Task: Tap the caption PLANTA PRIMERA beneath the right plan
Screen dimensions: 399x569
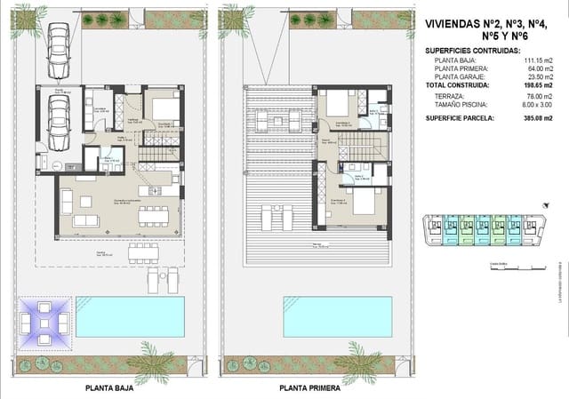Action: click(312, 388)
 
